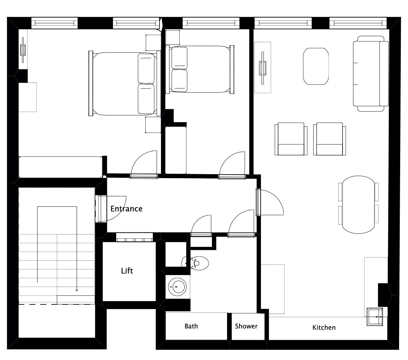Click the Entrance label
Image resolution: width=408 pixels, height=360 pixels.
[x=126, y=209]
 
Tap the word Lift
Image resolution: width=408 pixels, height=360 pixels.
[x=127, y=271]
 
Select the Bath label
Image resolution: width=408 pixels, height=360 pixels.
[x=191, y=326]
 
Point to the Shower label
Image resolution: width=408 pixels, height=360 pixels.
[x=246, y=326]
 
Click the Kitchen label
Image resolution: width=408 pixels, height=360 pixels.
[x=324, y=327]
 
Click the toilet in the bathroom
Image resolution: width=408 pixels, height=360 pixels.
[x=195, y=263]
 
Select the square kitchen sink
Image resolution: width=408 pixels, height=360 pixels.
[x=374, y=317]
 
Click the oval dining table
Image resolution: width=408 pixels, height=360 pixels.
[x=358, y=204]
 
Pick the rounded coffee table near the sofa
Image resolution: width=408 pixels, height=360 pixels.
[x=316, y=66]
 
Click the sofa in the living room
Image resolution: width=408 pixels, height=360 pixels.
[x=371, y=73]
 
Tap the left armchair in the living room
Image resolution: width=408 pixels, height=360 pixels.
[x=291, y=139]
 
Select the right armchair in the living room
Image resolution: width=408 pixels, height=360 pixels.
[x=329, y=139]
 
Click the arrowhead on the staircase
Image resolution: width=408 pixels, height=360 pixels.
[x=77, y=290]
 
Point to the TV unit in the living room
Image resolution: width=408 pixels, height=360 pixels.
[x=263, y=67]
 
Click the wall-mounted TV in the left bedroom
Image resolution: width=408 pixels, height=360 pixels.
[x=23, y=50]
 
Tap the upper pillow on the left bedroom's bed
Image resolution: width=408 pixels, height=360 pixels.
[x=146, y=68]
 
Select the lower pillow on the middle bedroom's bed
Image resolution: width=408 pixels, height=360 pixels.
[x=179, y=80]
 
